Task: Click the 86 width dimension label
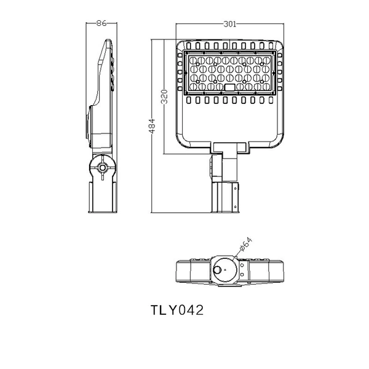click(x=101, y=23)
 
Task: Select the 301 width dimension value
click(x=229, y=24)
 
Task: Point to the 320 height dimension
click(x=164, y=97)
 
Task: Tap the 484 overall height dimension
click(x=152, y=126)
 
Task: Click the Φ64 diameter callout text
click(x=245, y=245)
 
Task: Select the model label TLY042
click(x=177, y=310)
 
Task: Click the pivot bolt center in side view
click(x=102, y=168)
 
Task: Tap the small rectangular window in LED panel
click(x=229, y=87)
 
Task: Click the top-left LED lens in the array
click(x=193, y=60)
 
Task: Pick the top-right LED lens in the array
click(x=266, y=60)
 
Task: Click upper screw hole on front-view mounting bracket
click(x=236, y=188)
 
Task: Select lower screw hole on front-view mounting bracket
click(x=236, y=207)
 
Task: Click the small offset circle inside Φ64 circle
click(x=218, y=269)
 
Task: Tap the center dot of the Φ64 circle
click(x=224, y=270)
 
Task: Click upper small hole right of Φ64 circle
click(x=242, y=265)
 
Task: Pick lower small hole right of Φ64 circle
click(x=242, y=274)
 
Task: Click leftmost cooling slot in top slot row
click(x=189, y=46)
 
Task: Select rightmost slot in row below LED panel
click(x=271, y=100)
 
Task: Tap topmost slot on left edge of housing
click(x=180, y=55)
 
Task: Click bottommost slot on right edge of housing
click(x=280, y=89)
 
